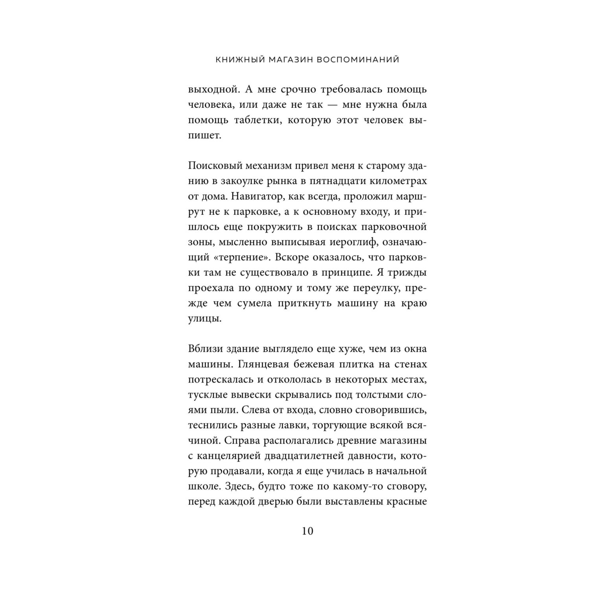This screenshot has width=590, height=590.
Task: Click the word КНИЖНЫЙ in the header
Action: [238, 60]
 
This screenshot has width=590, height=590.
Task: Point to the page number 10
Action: [307, 531]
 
